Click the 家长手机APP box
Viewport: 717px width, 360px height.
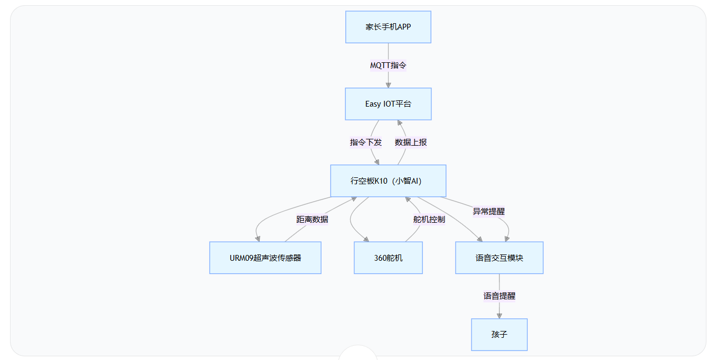click(x=388, y=27)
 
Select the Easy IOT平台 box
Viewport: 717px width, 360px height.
click(x=388, y=104)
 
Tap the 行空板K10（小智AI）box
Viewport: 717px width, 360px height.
click(x=388, y=181)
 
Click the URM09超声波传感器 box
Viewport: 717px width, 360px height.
click(x=265, y=258)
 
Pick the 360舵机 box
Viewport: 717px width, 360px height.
click(x=388, y=258)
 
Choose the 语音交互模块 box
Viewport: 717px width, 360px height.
click(x=499, y=258)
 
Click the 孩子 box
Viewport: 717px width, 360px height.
click(x=499, y=335)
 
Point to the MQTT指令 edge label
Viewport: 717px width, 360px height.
click(x=388, y=65)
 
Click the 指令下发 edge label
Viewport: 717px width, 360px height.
click(x=365, y=143)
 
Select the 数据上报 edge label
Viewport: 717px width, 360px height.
click(x=411, y=143)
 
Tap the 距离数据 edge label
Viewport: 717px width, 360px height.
click(x=312, y=219)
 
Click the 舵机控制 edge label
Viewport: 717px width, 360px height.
click(x=429, y=219)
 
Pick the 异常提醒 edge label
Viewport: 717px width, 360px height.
click(x=488, y=211)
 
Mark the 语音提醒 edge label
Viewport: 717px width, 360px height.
click(x=499, y=296)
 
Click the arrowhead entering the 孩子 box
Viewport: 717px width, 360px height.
click(x=499, y=315)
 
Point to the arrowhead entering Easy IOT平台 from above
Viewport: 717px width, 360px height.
click(x=388, y=84)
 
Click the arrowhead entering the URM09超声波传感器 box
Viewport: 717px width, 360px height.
click(x=258, y=238)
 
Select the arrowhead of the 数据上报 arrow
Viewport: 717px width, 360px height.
click(x=400, y=124)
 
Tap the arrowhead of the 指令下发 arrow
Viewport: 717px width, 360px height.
click(x=376, y=162)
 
